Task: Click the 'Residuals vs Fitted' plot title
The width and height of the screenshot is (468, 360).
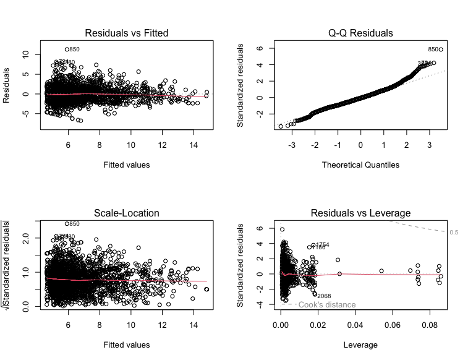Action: pyautogui.click(x=127, y=33)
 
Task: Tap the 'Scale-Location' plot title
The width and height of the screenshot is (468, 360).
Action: pyautogui.click(x=127, y=213)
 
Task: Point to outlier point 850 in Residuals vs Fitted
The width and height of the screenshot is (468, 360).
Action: pyautogui.click(x=67, y=49)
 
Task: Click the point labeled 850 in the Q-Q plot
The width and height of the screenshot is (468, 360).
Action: pyautogui.click(x=441, y=49)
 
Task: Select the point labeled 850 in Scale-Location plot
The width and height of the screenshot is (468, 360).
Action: pyautogui.click(x=67, y=224)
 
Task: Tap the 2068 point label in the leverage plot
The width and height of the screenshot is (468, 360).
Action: pyautogui.click(x=324, y=296)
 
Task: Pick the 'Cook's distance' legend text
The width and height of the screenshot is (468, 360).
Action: pyautogui.click(x=326, y=304)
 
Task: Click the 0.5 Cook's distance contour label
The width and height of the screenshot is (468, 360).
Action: pyautogui.click(x=454, y=233)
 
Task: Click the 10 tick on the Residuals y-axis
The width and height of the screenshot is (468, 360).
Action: pyautogui.click(x=25, y=54)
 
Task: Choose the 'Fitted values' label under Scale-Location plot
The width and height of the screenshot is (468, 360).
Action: pyautogui.click(x=127, y=345)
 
